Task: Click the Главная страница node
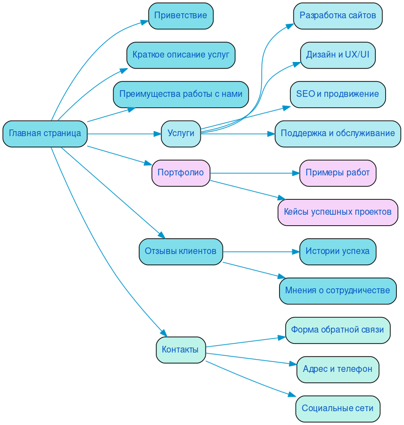(x=45, y=133)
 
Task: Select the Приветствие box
(x=181, y=15)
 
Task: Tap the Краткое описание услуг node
(x=181, y=55)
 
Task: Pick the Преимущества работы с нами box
(x=181, y=94)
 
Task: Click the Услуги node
(x=181, y=133)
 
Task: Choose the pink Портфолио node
(x=181, y=173)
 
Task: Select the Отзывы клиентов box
(x=181, y=251)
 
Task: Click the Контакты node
(x=181, y=350)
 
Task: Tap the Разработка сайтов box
(x=338, y=15)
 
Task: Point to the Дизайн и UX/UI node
(x=338, y=55)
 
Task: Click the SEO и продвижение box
(x=338, y=94)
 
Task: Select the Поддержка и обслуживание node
(x=338, y=133)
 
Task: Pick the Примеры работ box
(x=338, y=173)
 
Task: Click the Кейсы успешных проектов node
(x=338, y=212)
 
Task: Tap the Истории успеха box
(x=338, y=251)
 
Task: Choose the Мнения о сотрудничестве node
(x=338, y=291)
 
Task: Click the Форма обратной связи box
(x=338, y=330)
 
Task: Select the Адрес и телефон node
(x=338, y=369)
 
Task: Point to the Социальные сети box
(x=338, y=408)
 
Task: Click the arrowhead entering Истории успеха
(x=295, y=252)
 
